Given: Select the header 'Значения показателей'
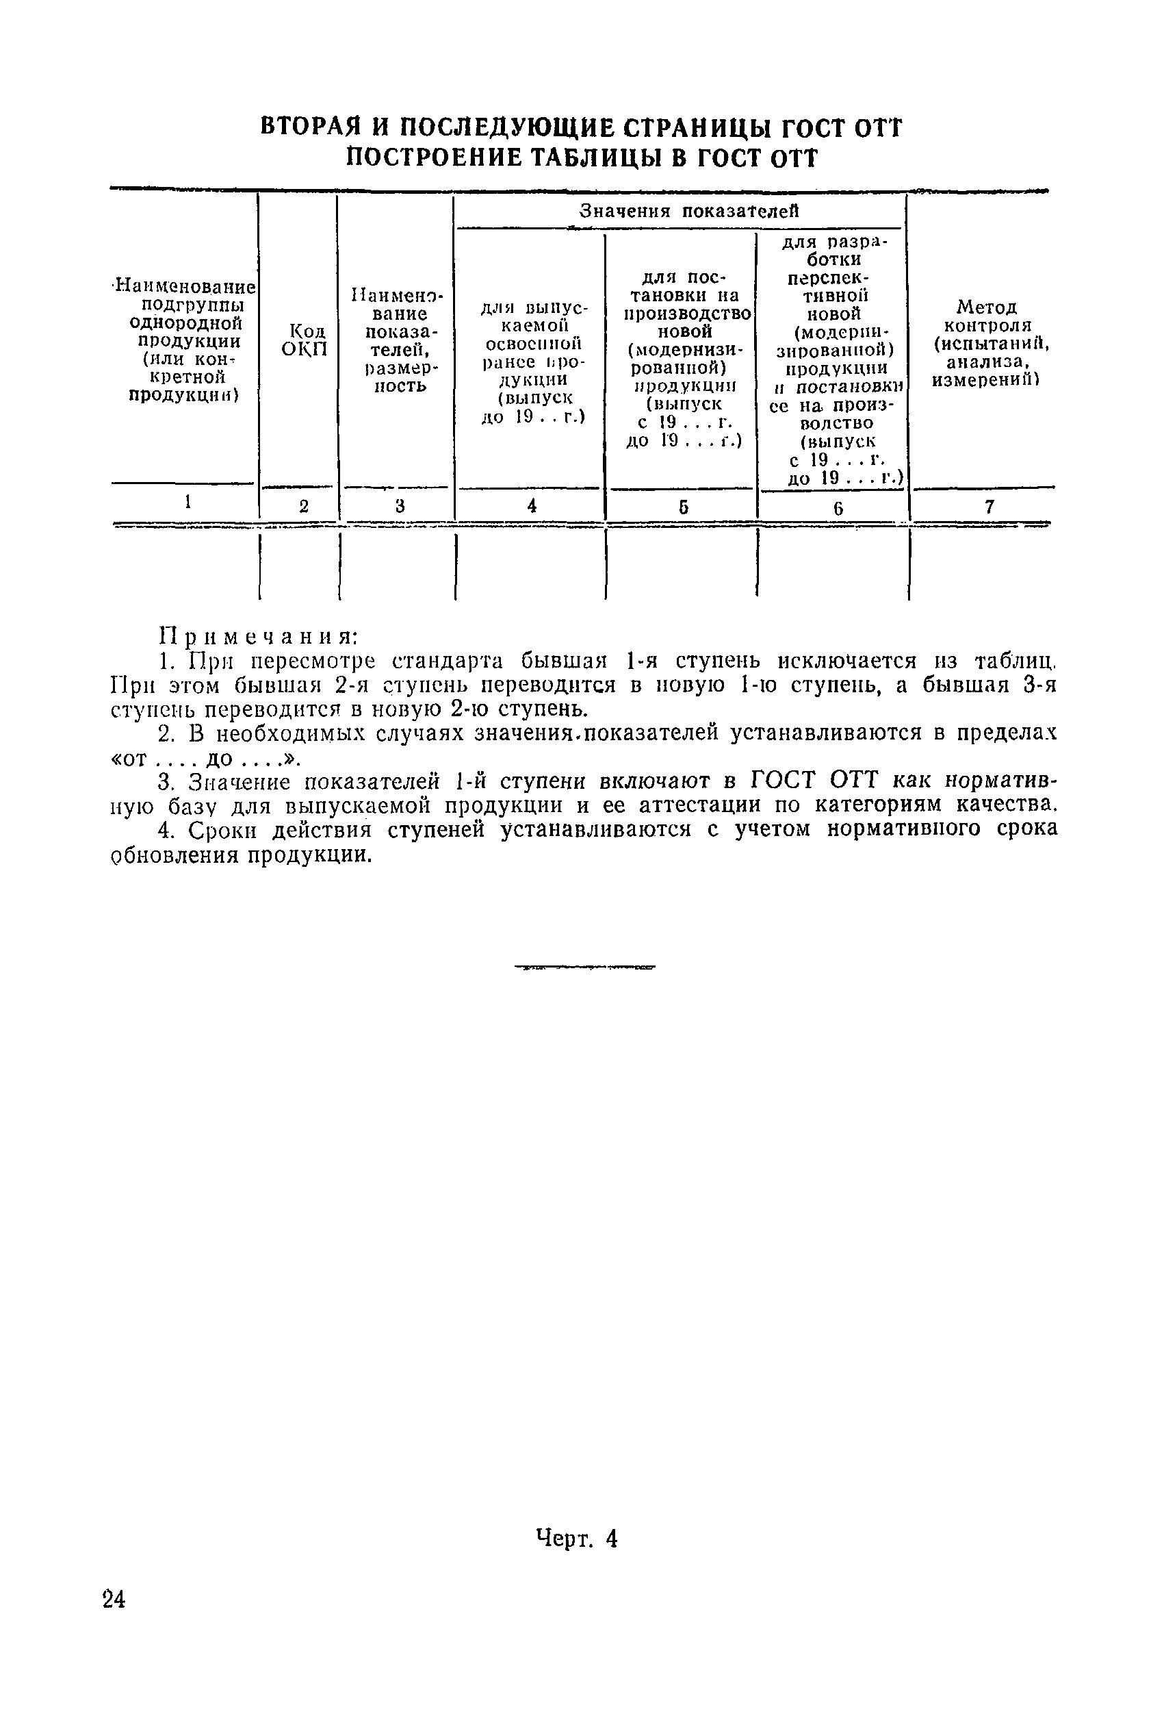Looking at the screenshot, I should pyautogui.click(x=688, y=211).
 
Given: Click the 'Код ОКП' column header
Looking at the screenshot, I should pyautogui.click(x=304, y=340).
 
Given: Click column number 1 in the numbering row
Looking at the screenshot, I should pyautogui.click(x=189, y=502).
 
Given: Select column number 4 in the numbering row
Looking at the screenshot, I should pyautogui.click(x=532, y=506).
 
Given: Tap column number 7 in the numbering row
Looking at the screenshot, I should pyautogui.click(x=989, y=507).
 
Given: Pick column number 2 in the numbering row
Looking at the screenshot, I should pyautogui.click(x=304, y=507).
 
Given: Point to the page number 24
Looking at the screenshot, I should pyautogui.click(x=114, y=1600).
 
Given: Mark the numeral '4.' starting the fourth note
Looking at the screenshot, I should pyautogui.click(x=167, y=829).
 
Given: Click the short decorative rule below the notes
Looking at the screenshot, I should pyautogui.click(x=585, y=968).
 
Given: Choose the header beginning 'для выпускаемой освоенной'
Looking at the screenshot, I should pyautogui.click(x=531, y=362).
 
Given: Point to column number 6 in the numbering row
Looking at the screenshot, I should pyautogui.click(x=838, y=508).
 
